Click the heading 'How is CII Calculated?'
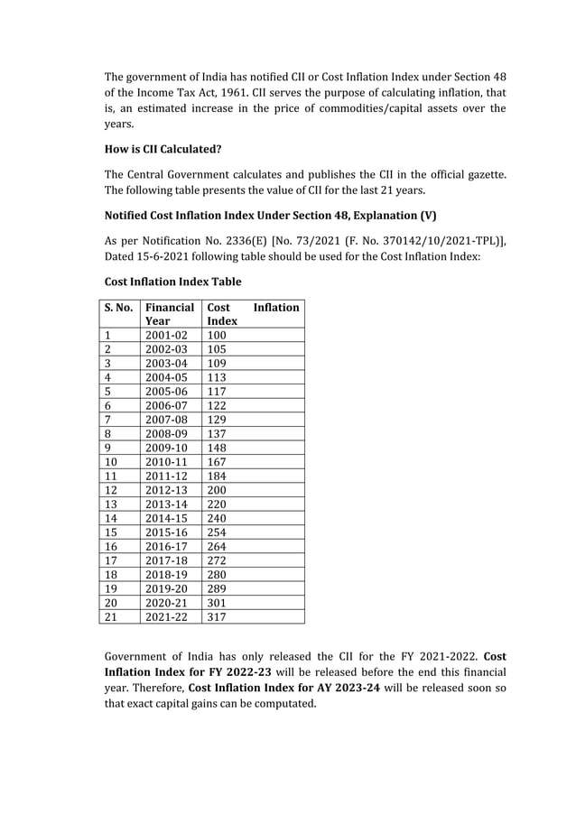point(163,149)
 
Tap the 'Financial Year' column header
point(169,314)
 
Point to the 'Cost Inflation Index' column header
point(253,314)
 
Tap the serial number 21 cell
point(113,617)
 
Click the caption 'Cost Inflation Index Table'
point(172,282)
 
